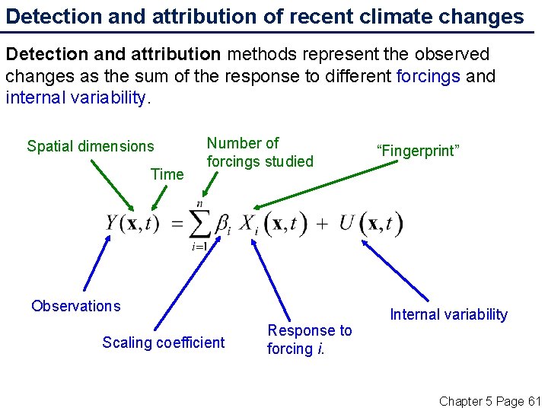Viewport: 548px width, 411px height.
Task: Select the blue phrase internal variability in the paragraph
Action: (x=75, y=98)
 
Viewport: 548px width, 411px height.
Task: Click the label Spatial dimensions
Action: (x=90, y=146)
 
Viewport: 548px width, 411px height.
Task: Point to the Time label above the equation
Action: (x=167, y=174)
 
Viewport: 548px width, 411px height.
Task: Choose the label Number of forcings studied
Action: (x=260, y=152)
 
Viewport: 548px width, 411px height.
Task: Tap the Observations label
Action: (x=75, y=306)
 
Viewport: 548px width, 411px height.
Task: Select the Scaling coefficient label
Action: (x=164, y=342)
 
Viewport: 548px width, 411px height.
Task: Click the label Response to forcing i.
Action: (x=309, y=339)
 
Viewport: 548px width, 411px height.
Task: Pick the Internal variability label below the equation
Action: (x=448, y=314)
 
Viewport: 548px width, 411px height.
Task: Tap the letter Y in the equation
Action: (x=113, y=223)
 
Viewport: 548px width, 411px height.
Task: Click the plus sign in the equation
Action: (x=322, y=224)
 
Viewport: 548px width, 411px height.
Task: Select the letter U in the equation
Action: (x=347, y=223)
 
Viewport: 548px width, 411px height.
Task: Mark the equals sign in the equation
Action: (x=177, y=224)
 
